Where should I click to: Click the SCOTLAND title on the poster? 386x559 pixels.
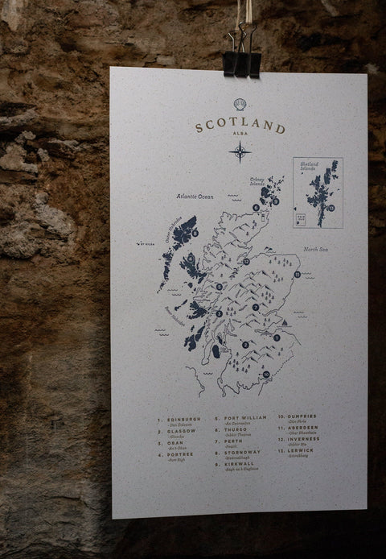[x=239, y=126]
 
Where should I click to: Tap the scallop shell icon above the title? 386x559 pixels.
[x=239, y=104]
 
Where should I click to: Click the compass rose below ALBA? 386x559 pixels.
[x=239, y=151]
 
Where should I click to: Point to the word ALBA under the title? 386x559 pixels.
[x=239, y=139]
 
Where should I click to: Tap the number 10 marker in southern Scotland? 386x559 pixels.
[x=265, y=374]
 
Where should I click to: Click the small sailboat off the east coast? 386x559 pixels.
[x=285, y=324]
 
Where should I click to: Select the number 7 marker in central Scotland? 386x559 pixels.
[x=256, y=307]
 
